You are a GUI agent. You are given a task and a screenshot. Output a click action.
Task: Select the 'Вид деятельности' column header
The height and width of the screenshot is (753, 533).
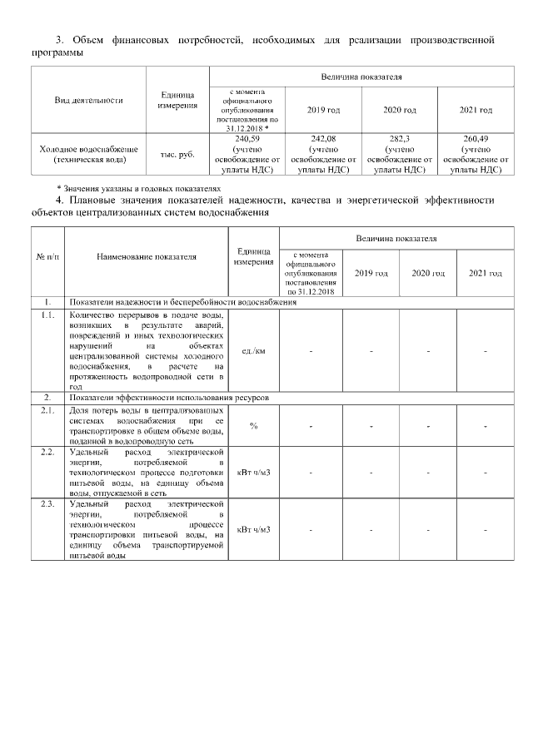88,100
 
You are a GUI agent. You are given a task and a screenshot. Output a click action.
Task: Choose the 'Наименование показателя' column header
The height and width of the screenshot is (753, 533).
147,257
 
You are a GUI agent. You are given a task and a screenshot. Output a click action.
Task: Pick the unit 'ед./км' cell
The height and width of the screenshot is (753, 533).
253,351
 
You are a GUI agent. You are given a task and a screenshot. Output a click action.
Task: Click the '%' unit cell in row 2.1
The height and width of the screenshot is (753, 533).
253,426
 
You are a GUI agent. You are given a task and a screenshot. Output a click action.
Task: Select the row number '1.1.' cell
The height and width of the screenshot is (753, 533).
48,316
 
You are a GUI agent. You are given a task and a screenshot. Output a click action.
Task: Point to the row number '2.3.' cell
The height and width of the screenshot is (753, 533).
48,504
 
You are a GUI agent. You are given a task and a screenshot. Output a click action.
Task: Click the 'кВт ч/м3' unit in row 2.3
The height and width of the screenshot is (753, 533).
253,529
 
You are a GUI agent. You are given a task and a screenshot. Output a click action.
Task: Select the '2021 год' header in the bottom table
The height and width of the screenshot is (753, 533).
485,273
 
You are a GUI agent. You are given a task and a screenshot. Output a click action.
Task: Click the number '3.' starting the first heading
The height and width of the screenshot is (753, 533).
59,39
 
